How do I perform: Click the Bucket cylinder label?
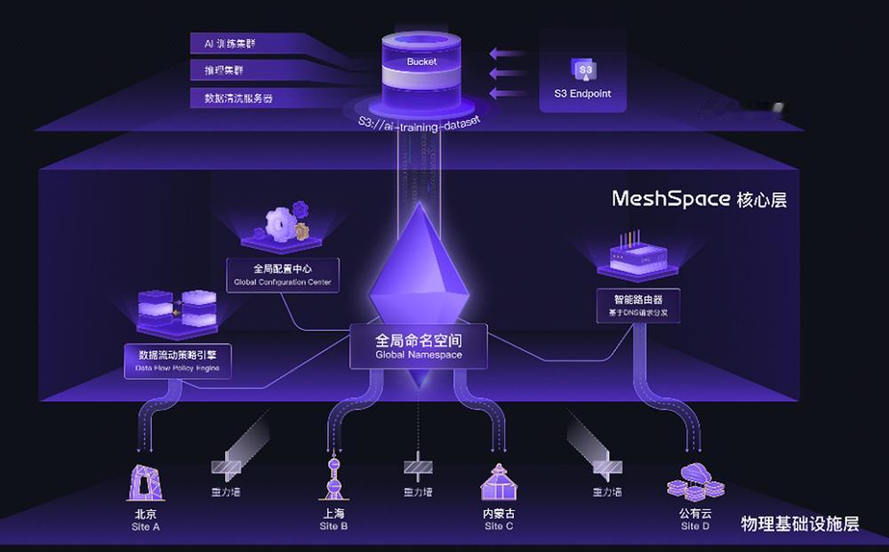pyautogui.click(x=421, y=62)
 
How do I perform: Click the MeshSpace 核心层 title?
pyautogui.click(x=699, y=198)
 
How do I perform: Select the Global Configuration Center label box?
pyautogui.click(x=283, y=275)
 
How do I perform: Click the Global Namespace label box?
pyautogui.click(x=419, y=347)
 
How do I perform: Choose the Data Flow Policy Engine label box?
pyautogui.click(x=178, y=360)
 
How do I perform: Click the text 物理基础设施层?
pyautogui.click(x=800, y=524)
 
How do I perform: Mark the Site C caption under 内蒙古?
pyautogui.click(x=499, y=526)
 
